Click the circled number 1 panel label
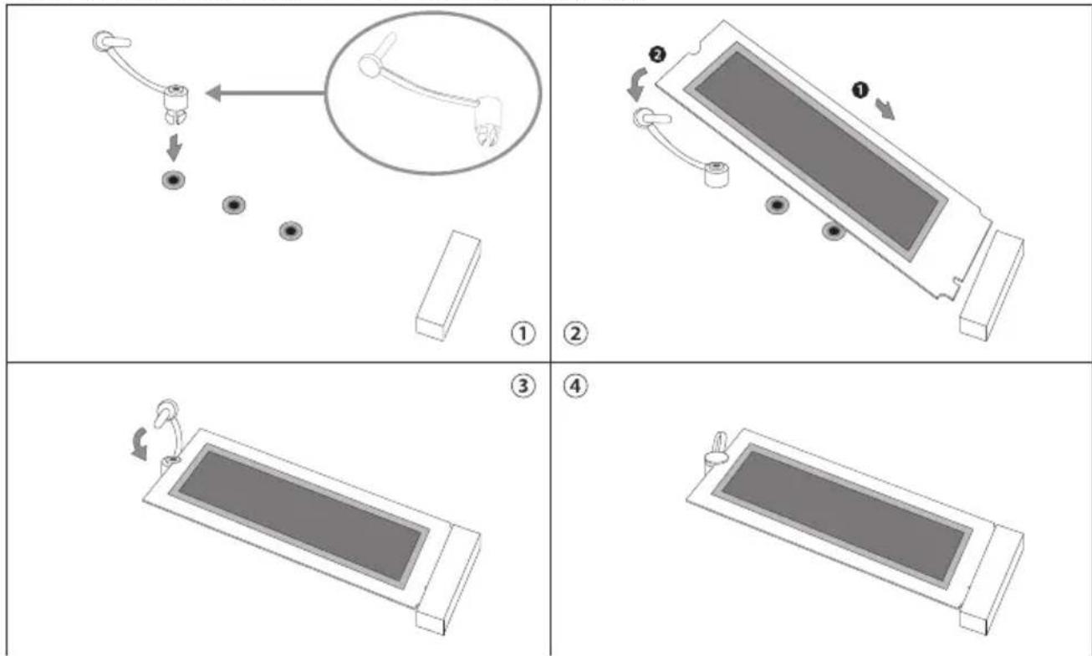pyautogui.click(x=523, y=334)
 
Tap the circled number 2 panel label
pyautogui.click(x=576, y=334)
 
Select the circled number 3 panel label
pyautogui.click(x=523, y=386)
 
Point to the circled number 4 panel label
pyautogui.click(x=576, y=386)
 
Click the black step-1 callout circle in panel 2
pyautogui.click(x=860, y=90)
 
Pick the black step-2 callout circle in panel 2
pyautogui.click(x=658, y=54)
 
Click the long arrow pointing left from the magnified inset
pyautogui.click(x=265, y=93)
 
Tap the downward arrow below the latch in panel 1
pyautogui.click(x=174, y=146)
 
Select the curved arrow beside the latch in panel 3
pyautogui.click(x=140, y=443)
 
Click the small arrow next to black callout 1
pyautogui.click(x=885, y=109)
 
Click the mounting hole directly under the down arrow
pyautogui.click(x=174, y=181)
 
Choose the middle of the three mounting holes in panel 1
pyautogui.click(x=233, y=205)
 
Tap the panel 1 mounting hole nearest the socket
pyautogui.click(x=290, y=231)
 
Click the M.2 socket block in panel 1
pyautogui.click(x=448, y=286)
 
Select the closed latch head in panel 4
pyautogui.click(x=716, y=457)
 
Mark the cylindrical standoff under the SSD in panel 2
pyautogui.click(x=716, y=175)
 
